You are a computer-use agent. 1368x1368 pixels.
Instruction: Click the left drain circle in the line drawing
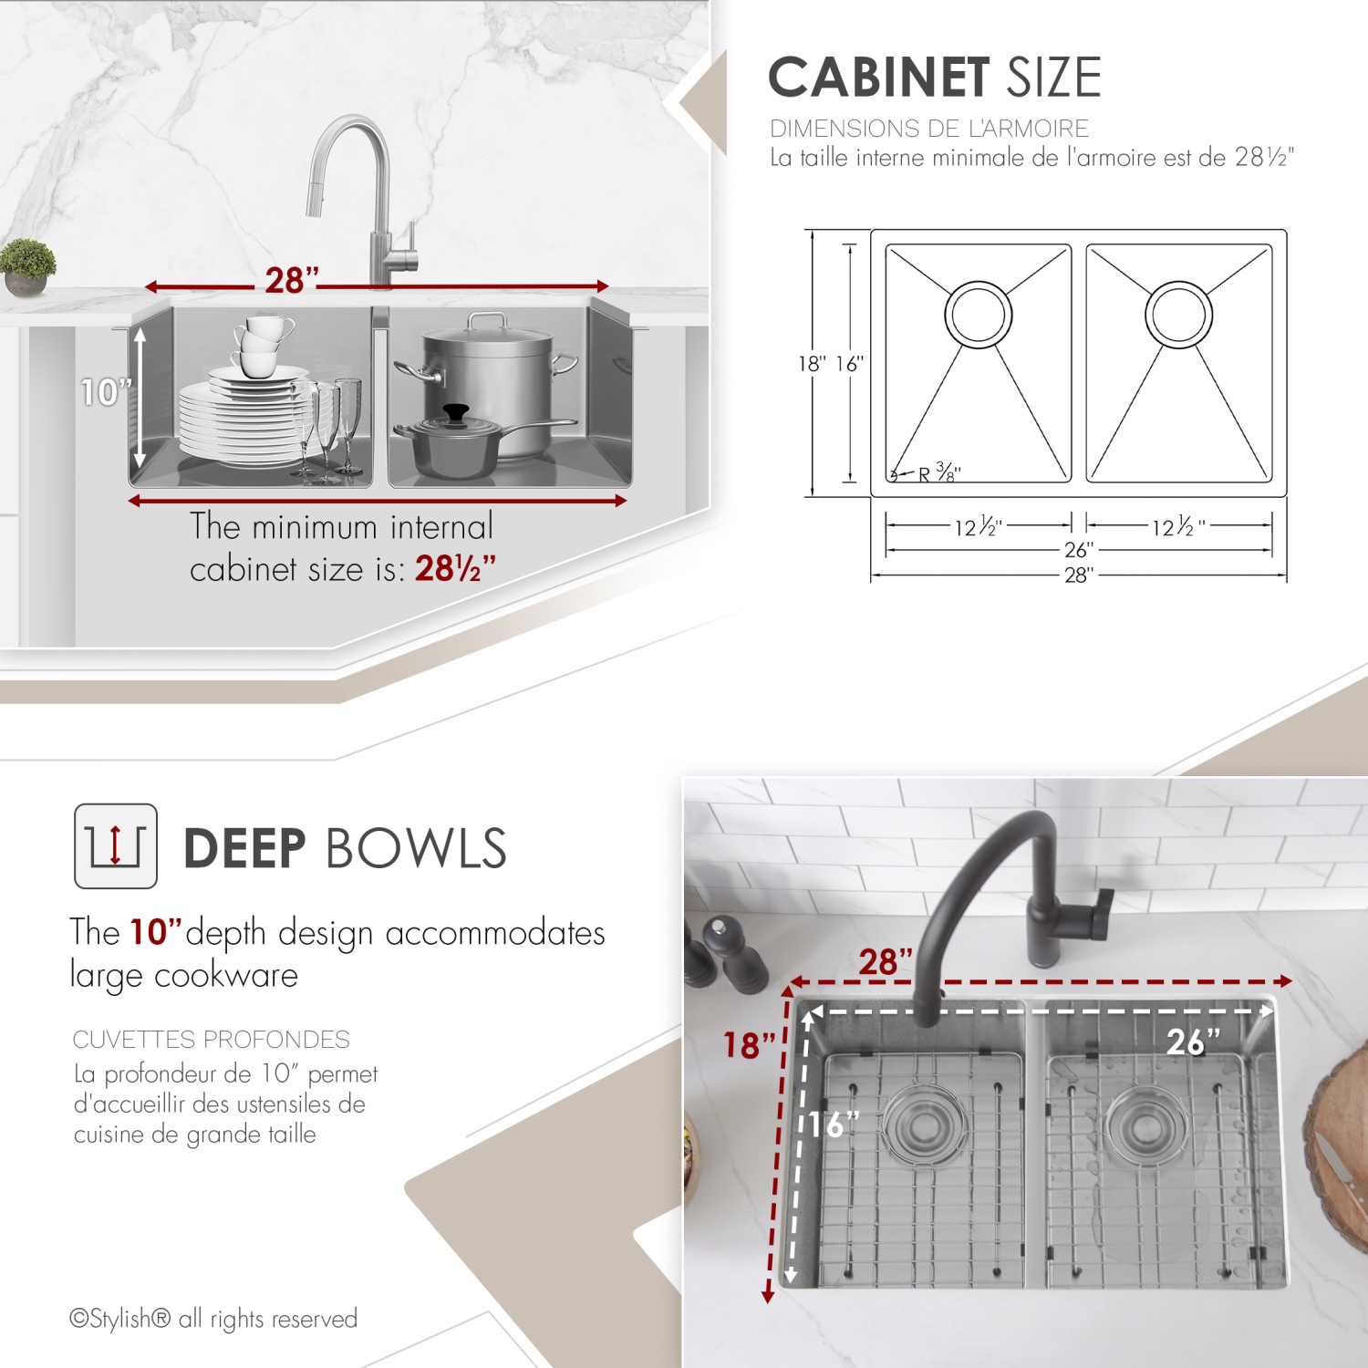coord(978,314)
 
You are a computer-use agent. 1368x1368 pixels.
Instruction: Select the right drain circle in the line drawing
coord(1178,314)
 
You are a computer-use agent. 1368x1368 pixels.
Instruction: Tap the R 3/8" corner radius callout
coord(938,472)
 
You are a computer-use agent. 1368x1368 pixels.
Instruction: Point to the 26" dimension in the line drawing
coord(1078,550)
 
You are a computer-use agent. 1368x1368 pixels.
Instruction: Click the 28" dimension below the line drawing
coord(1078,575)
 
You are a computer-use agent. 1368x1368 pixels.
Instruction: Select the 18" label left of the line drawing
coord(812,364)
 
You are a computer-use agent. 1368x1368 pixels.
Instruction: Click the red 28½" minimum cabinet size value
coord(454,568)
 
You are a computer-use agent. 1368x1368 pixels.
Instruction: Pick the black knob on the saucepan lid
coord(455,414)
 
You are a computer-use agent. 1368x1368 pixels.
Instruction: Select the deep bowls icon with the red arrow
coord(116,845)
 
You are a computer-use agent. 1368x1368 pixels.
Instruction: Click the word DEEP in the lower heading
coord(244,848)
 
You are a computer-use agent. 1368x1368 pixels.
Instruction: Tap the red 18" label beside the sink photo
coord(749,1045)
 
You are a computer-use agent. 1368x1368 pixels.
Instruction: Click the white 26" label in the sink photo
coord(1192,1042)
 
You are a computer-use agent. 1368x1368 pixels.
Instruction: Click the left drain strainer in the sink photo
coord(921,1124)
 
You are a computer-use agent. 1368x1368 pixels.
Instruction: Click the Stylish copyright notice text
coord(213,1319)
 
